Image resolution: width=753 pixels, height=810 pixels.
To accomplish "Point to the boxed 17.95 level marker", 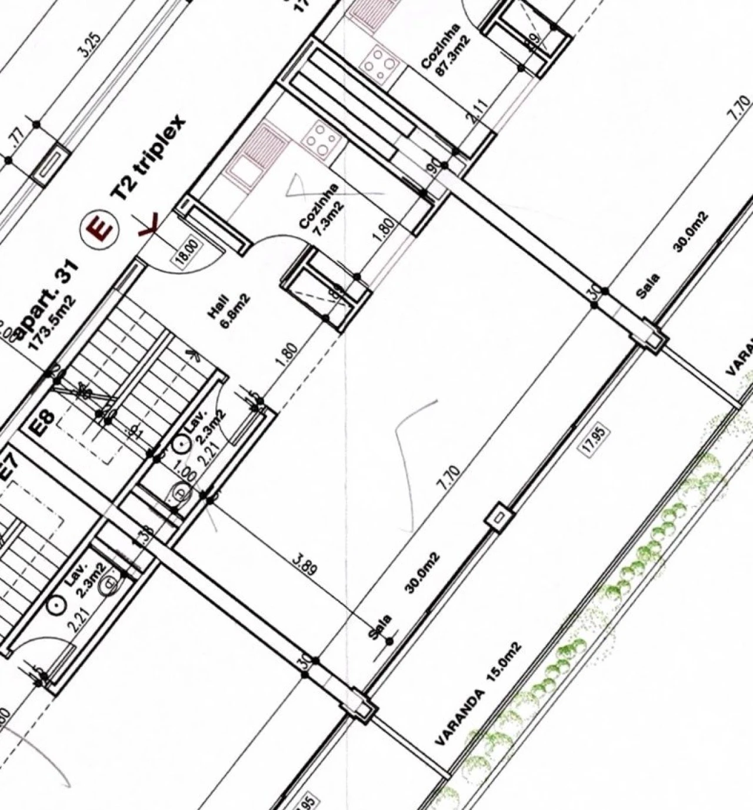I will point(595,439).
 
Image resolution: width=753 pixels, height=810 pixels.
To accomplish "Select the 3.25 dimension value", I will point(90,46).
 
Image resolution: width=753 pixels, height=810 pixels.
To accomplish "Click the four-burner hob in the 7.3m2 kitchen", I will point(320,140).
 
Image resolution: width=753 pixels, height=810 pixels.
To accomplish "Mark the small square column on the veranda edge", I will point(498,518).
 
